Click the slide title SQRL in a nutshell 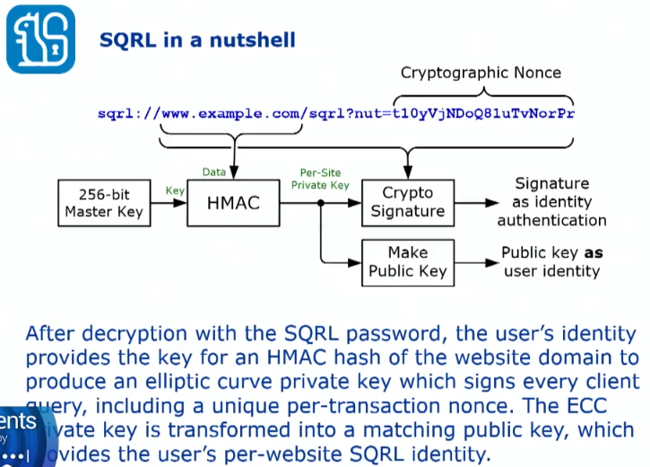(x=197, y=40)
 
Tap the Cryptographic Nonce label (x=481, y=73)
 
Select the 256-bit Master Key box (x=102, y=202)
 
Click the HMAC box (x=233, y=202)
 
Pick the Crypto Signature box (x=407, y=202)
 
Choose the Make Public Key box (x=407, y=261)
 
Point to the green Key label (x=175, y=190)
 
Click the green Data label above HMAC (x=213, y=172)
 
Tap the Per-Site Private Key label (x=320, y=179)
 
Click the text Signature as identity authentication (x=551, y=202)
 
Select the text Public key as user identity (x=550, y=261)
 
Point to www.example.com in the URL (x=229, y=114)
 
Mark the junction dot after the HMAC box (x=320, y=203)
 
